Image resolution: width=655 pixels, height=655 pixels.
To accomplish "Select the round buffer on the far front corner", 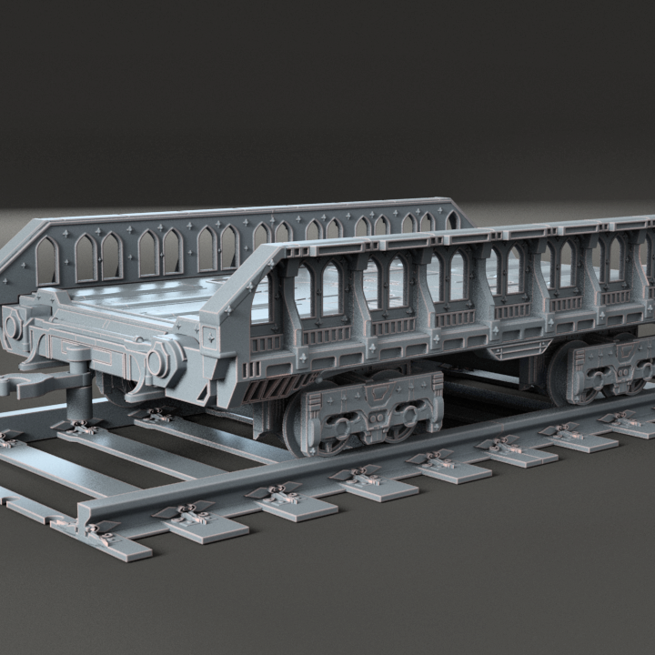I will click(13, 322).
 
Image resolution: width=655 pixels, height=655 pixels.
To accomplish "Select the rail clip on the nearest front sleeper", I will click(100, 531).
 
